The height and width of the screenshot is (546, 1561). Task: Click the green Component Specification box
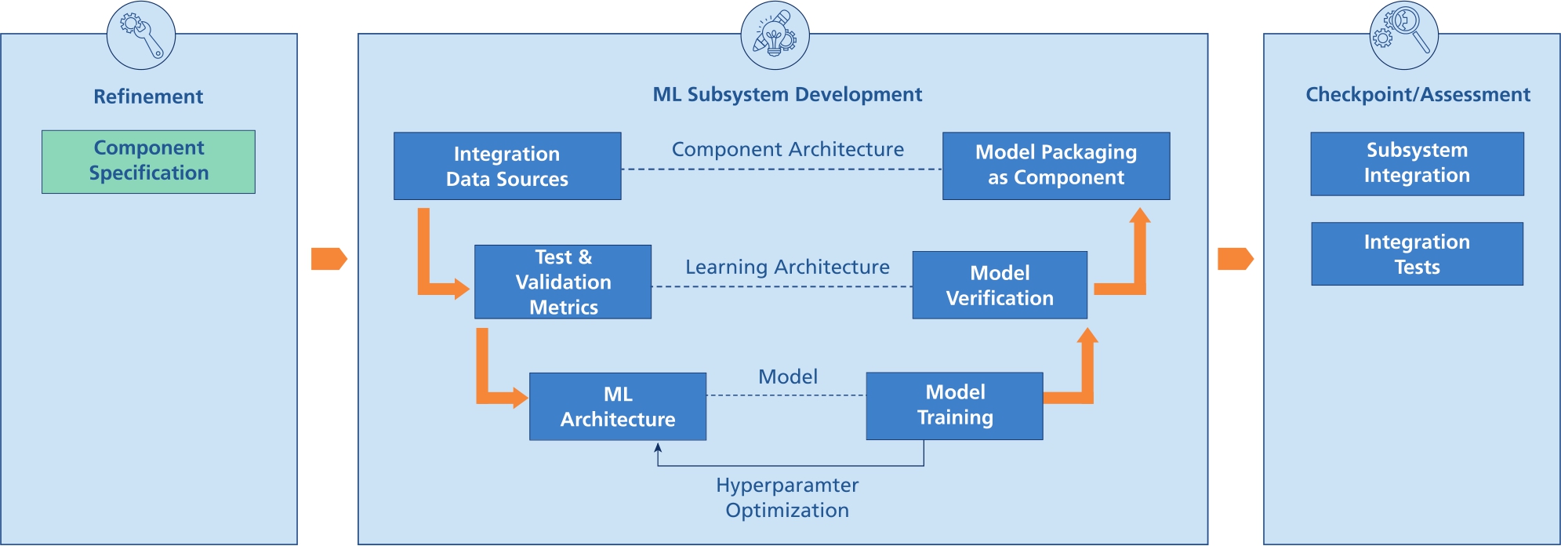pyautogui.click(x=148, y=162)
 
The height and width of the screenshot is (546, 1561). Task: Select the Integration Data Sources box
pyautogui.click(x=507, y=166)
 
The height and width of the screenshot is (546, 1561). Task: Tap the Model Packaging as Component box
pyautogui.click(x=1055, y=166)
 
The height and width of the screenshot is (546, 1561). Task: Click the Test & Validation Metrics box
pyautogui.click(x=563, y=282)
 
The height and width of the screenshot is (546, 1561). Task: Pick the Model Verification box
pyautogui.click(x=1000, y=285)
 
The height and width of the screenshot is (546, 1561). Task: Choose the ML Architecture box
pyautogui.click(x=618, y=406)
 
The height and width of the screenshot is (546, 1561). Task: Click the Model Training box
pyautogui.click(x=954, y=406)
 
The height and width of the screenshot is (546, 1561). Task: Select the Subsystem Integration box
pyautogui.click(x=1417, y=163)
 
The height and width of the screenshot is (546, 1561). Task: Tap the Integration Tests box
pyautogui.click(x=1417, y=254)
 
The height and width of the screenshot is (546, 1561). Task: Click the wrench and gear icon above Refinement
pyautogui.click(x=141, y=35)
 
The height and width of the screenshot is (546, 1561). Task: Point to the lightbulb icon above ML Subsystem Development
pyautogui.click(x=775, y=35)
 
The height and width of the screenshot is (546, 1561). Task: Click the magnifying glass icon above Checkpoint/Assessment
pyautogui.click(x=1403, y=35)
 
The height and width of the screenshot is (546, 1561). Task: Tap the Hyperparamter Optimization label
pyautogui.click(x=787, y=497)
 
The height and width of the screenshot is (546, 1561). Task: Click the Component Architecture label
pyautogui.click(x=787, y=149)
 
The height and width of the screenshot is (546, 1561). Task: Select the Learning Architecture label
pyautogui.click(x=787, y=267)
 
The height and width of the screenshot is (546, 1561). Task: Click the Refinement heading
pyautogui.click(x=148, y=96)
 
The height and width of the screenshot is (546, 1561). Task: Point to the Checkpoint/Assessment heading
pyautogui.click(x=1418, y=95)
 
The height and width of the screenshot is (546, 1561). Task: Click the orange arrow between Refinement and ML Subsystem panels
pyautogui.click(x=329, y=259)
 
